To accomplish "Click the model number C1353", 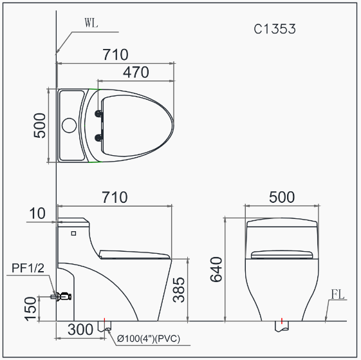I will pyautogui.click(x=275, y=29).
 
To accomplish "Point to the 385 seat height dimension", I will pyautogui.click(x=180, y=289).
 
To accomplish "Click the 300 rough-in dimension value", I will pyautogui.click(x=80, y=330).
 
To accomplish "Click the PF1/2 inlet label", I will pyautogui.click(x=28, y=268).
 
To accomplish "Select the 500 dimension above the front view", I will pyautogui.click(x=281, y=196).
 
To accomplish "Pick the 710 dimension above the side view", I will pyautogui.click(x=115, y=196).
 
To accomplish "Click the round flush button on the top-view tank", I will pyautogui.click(x=69, y=125).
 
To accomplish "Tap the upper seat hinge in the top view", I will pyautogui.click(x=98, y=114).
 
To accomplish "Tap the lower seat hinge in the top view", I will pyautogui.click(x=98, y=137).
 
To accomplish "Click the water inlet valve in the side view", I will pyautogui.click(x=62, y=297).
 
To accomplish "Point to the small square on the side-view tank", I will pyautogui.click(x=73, y=232).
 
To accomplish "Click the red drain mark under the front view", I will pyautogui.click(x=282, y=320).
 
